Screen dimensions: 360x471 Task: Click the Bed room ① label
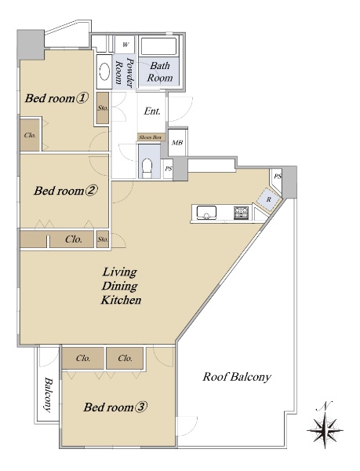click(x=56, y=98)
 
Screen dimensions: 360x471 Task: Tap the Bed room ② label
click(x=66, y=191)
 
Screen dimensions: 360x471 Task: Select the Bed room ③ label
click(x=115, y=407)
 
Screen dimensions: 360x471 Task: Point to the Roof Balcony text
click(x=237, y=377)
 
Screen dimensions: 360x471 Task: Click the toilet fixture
click(x=147, y=168)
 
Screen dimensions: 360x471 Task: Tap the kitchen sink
click(x=206, y=213)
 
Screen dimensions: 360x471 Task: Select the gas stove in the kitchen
click(x=242, y=213)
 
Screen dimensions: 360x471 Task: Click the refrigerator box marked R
click(x=269, y=199)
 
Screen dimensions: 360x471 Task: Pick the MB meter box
click(x=177, y=143)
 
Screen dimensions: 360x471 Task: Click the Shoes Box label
click(x=151, y=137)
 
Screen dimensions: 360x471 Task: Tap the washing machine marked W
click(x=125, y=45)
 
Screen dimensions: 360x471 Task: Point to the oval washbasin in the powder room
click(x=104, y=71)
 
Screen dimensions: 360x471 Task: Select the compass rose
click(x=325, y=429)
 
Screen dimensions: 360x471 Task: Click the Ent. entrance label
click(x=152, y=111)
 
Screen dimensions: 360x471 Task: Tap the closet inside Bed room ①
click(x=30, y=135)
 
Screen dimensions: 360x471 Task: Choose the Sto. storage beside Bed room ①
click(x=103, y=108)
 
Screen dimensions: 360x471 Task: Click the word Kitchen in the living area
click(x=121, y=300)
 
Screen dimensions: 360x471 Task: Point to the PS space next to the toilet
click(x=169, y=169)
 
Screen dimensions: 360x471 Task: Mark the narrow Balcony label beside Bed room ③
click(x=48, y=395)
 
